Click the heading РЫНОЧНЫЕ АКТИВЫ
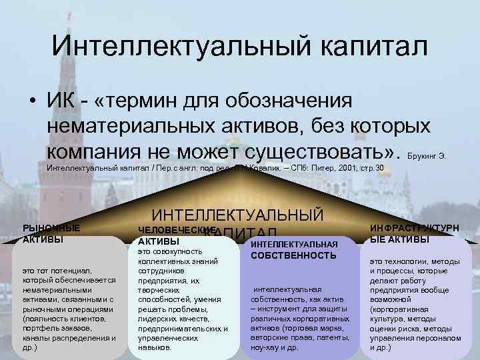coord(51,233)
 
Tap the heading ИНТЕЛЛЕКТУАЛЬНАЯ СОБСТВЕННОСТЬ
coord(294,249)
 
